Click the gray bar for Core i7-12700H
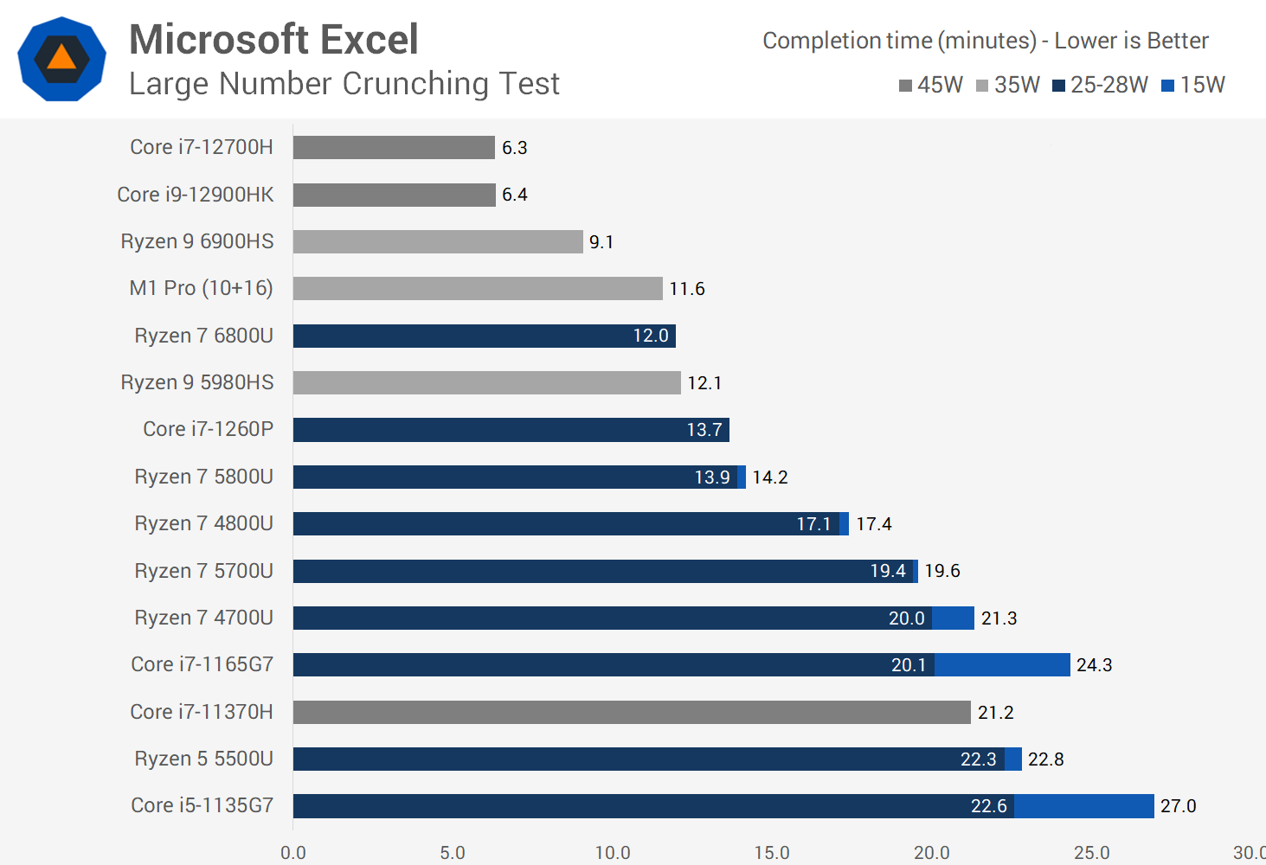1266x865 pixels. click(x=394, y=147)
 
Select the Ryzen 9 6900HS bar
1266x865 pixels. click(x=438, y=241)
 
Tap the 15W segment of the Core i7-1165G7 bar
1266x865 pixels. click(x=1002, y=664)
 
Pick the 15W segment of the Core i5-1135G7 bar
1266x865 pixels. click(x=1083, y=806)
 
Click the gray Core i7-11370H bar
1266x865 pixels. click(x=632, y=712)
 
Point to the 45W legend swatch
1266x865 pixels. click(x=906, y=86)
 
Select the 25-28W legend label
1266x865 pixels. click(x=1109, y=85)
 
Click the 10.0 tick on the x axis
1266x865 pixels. click(x=613, y=853)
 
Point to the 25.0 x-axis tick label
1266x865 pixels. click(x=1091, y=853)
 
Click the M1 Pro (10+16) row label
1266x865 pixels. click(x=201, y=288)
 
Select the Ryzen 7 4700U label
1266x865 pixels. click(x=203, y=618)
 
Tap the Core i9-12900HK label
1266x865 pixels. click(x=196, y=195)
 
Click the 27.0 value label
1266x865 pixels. click(x=1178, y=806)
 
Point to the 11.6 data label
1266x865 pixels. click(x=687, y=289)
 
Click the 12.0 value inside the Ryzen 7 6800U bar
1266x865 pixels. click(x=651, y=336)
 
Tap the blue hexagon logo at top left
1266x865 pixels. click(x=61, y=59)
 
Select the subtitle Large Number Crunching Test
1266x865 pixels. click(x=344, y=84)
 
